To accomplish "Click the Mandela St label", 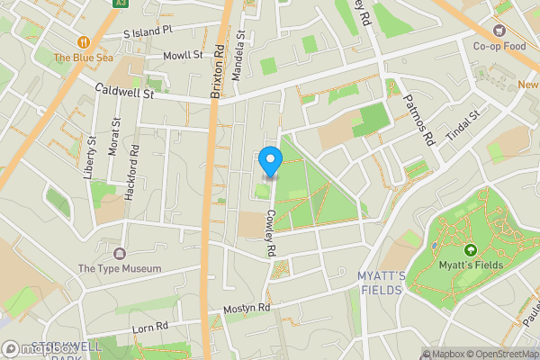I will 238,57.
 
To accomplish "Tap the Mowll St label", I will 183,56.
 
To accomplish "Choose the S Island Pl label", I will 148,31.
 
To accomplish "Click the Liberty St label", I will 90,157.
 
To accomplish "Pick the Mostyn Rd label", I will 247,308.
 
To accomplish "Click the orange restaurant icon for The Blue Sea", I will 84,41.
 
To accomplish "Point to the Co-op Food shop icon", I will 500,30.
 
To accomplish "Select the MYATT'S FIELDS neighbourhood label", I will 382,283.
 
